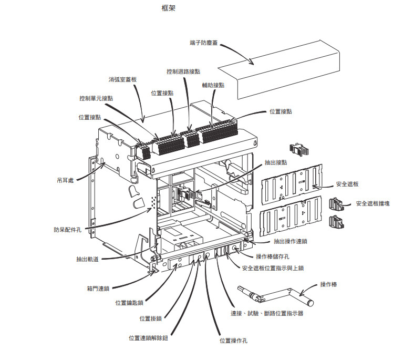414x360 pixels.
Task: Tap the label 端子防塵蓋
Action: click(x=204, y=43)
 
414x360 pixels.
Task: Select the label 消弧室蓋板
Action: click(x=122, y=79)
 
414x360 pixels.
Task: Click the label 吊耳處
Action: click(x=66, y=180)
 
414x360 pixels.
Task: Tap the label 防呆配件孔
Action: click(x=67, y=229)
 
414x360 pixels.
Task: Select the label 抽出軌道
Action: click(x=86, y=259)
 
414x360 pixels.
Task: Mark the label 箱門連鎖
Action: click(x=98, y=289)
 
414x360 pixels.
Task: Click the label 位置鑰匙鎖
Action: click(x=129, y=303)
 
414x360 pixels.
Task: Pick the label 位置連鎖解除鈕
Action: click(x=148, y=337)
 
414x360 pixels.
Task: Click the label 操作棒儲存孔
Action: click(x=274, y=256)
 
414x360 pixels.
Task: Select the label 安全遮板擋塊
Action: click(x=376, y=203)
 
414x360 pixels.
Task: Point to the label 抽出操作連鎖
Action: click(x=291, y=241)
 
